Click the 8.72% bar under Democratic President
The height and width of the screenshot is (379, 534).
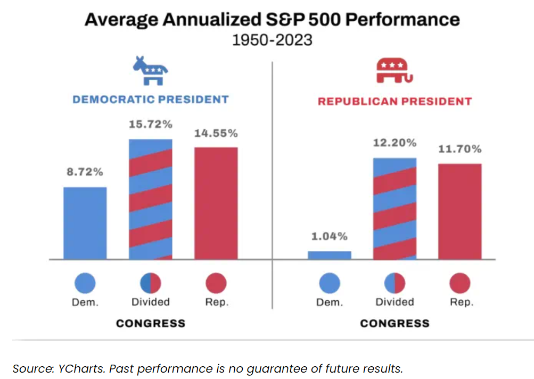85,223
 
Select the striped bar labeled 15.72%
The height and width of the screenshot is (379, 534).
151,199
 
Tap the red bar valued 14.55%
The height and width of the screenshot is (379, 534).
216,203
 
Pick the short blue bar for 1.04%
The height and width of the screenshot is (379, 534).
330,255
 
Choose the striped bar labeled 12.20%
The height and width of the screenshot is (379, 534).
395,209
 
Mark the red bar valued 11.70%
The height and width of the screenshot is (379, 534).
460,212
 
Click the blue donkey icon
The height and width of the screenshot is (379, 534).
150,71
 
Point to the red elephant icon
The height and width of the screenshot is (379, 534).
395,71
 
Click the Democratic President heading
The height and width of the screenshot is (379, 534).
151,99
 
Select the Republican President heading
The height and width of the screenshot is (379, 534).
395,102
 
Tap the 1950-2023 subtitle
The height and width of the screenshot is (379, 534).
272,40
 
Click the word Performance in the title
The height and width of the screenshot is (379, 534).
402,19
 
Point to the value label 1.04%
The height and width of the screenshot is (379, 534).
330,236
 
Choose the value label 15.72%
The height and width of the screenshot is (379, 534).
151,124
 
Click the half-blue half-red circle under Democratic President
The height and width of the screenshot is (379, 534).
151,283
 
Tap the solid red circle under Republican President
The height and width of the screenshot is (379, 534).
460,283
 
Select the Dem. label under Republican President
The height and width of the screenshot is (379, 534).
330,302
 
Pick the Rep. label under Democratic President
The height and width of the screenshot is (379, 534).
217,302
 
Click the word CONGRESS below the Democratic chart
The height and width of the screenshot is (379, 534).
151,323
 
